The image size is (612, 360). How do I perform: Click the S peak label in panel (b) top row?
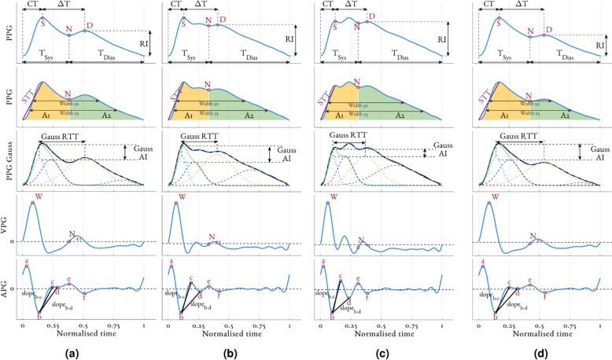click(183, 22)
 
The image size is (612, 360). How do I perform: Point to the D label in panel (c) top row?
click(372, 17)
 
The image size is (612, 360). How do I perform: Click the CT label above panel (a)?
click(32, 4)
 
